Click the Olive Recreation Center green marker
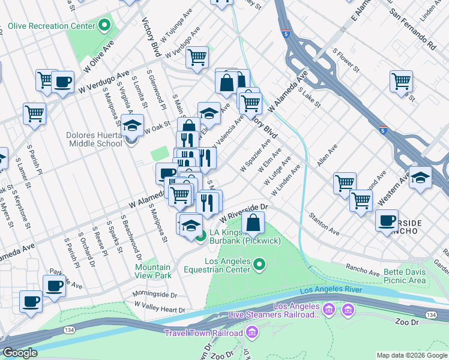[x=105, y=25]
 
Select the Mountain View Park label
[x=153, y=271]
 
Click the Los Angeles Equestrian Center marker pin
[x=259, y=263]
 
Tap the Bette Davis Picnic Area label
[x=405, y=276]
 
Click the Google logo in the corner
[x=20, y=353]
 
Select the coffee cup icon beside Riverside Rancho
[x=387, y=220]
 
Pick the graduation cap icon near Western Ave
[x=421, y=178]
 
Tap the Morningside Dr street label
[x=157, y=295]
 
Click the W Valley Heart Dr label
[x=160, y=307]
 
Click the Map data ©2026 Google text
[x=411, y=355]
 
